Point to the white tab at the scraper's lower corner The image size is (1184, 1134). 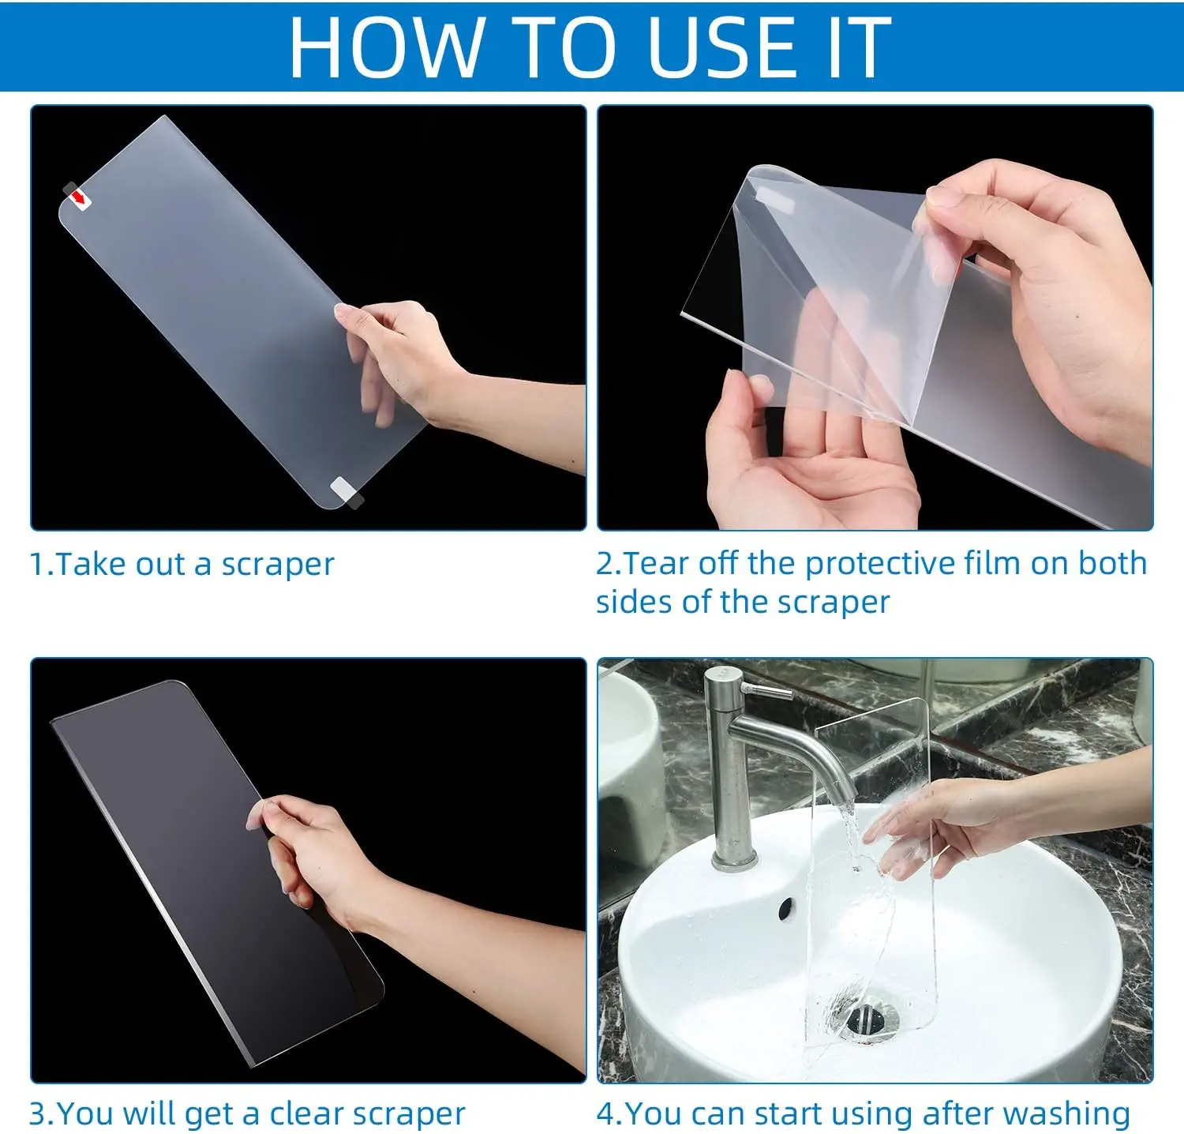point(345,491)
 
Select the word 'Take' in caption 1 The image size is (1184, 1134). point(91,564)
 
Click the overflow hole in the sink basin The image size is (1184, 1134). point(786,908)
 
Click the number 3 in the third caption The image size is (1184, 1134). point(37,1114)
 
